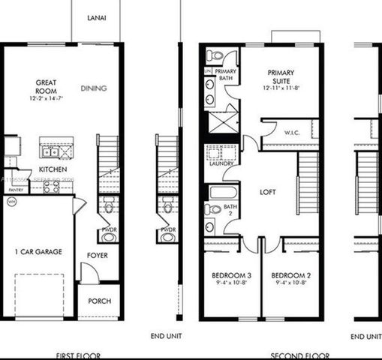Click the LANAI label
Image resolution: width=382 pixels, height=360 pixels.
pos(95,17)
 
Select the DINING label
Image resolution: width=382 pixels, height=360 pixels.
pos(94,88)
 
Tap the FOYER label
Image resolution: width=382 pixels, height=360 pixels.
pos(98,255)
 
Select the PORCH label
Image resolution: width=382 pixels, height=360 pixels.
pos(99,301)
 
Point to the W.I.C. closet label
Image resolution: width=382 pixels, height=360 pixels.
pos(292,133)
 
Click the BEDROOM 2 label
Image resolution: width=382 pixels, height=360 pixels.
pos(288,275)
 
